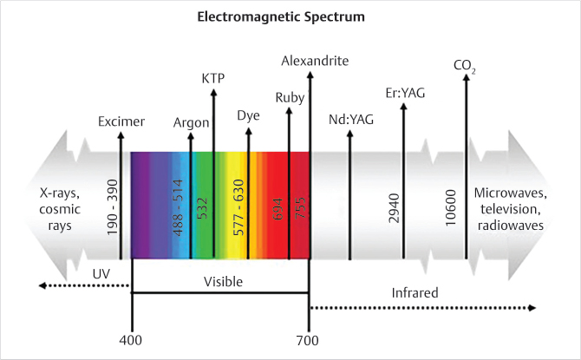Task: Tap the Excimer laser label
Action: point(121,121)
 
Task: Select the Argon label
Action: point(192,122)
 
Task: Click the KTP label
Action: point(213,77)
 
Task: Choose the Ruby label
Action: point(289,97)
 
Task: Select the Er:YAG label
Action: point(403,93)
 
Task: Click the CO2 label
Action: point(466,65)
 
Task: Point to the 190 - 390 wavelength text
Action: point(113,206)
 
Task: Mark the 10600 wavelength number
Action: point(451,205)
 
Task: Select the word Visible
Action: point(224,282)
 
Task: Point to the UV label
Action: point(101,273)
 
